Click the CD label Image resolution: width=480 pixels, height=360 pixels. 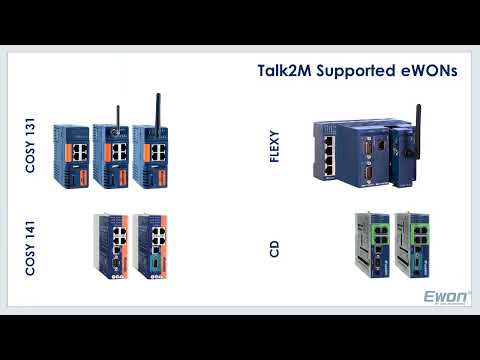pyautogui.click(x=275, y=247)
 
